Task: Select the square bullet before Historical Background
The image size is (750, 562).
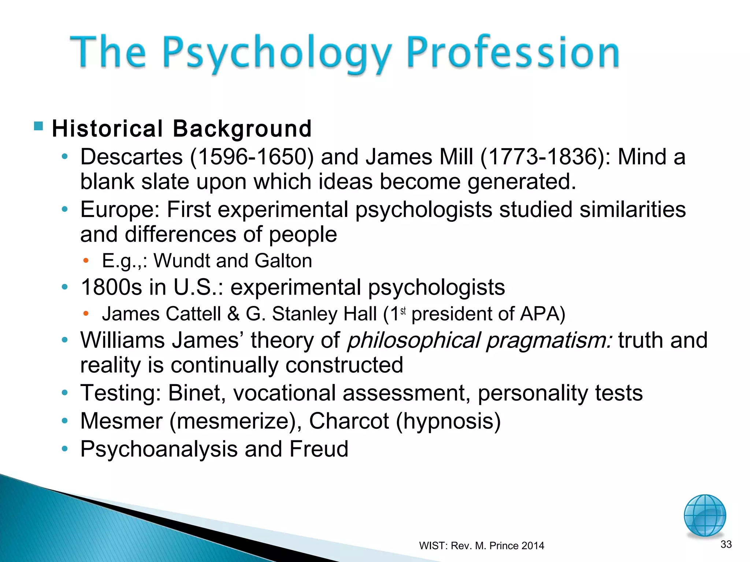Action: click(38, 126)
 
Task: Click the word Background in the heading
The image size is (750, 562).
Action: click(242, 129)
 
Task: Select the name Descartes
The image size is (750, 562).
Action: click(131, 157)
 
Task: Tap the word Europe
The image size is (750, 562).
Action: click(120, 210)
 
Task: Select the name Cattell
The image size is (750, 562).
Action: click(193, 314)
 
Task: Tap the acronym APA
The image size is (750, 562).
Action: click(539, 314)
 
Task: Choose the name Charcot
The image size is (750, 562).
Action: click(349, 421)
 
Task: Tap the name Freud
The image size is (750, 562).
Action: click(319, 449)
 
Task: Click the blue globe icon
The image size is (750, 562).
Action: click(705, 515)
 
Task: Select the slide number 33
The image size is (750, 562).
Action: click(726, 544)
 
